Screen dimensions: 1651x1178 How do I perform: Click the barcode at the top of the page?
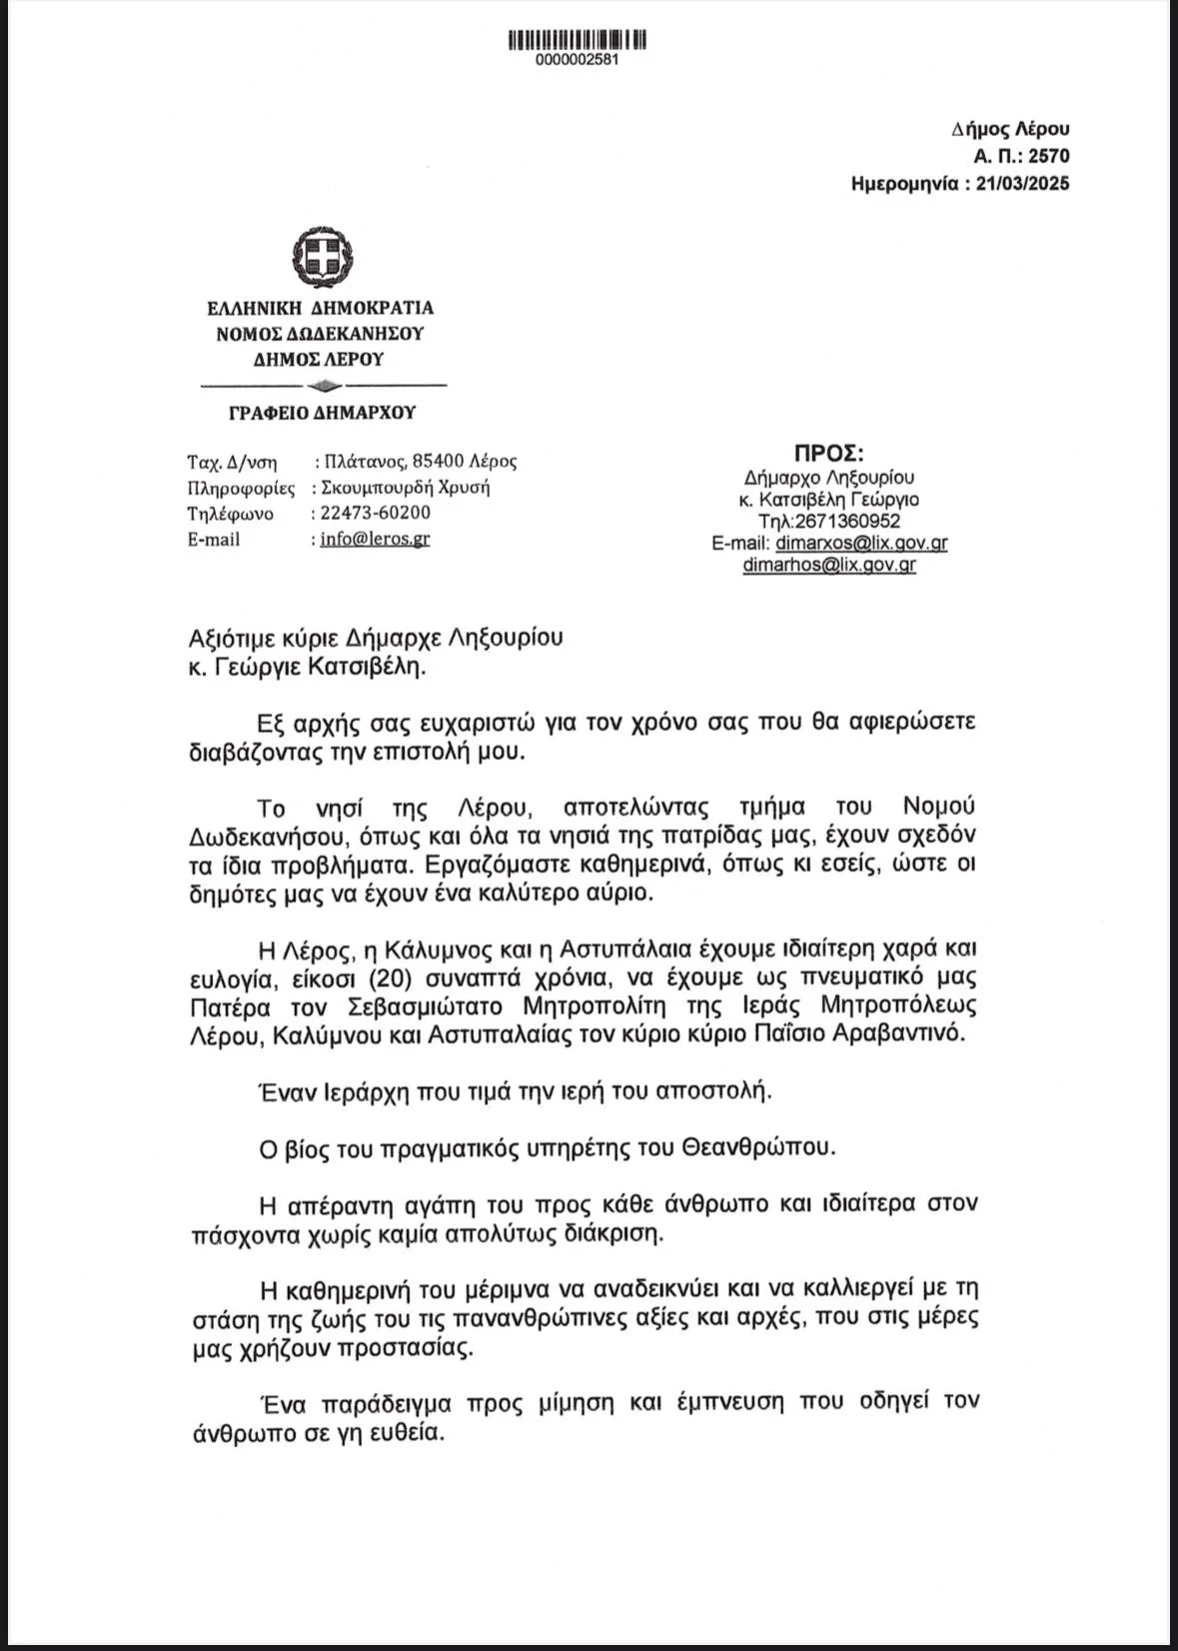pos(578,40)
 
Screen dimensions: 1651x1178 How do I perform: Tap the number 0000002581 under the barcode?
pos(578,60)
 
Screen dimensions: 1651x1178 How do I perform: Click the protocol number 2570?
pos(1048,156)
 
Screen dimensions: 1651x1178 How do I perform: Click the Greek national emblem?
pos(321,256)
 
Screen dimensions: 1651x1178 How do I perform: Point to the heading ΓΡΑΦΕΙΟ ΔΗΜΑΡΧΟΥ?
pos(322,413)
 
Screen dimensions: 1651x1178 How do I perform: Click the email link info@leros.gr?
pos(375,539)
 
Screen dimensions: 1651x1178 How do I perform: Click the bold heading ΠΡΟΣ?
pos(828,453)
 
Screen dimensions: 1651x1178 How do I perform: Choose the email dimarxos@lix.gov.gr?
pos(861,543)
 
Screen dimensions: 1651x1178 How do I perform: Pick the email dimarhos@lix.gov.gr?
pos(829,565)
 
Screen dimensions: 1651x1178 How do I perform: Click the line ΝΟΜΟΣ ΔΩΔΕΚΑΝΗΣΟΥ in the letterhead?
pos(320,334)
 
